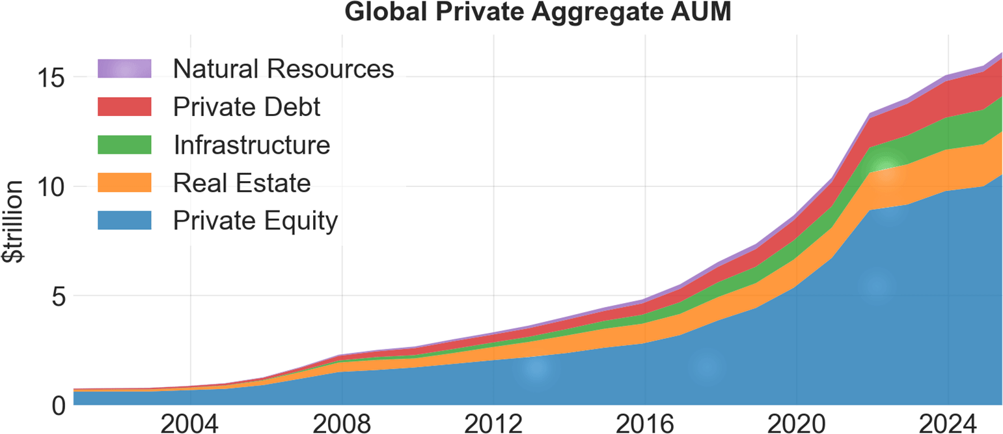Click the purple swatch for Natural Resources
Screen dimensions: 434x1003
point(124,68)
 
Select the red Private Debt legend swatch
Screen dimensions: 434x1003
point(124,106)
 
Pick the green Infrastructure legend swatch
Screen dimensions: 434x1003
point(124,145)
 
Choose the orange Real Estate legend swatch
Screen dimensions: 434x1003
point(124,182)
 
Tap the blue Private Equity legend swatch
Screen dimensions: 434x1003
point(124,221)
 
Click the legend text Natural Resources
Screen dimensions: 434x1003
point(284,68)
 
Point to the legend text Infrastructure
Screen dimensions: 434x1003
point(252,145)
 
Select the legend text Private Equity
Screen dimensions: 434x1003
point(256,221)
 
